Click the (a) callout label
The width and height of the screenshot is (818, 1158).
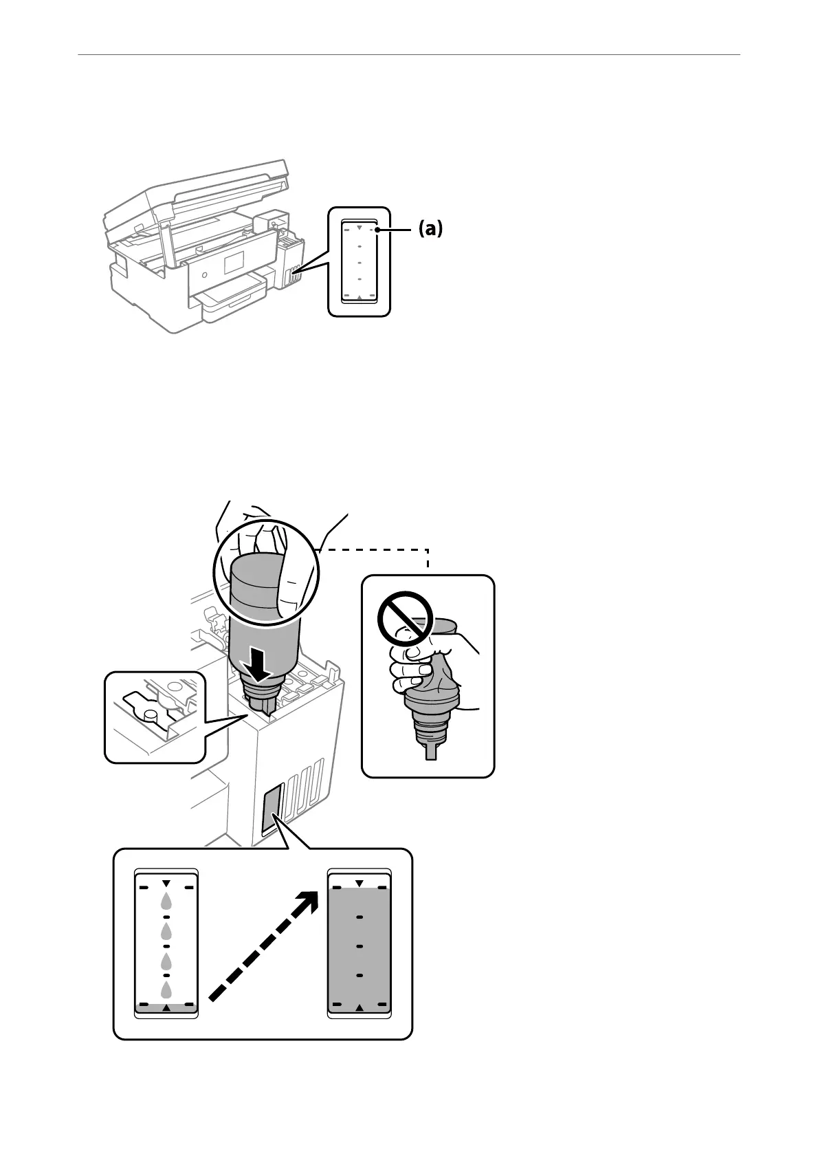click(430, 229)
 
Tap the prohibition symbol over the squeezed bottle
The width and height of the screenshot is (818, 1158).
click(405, 618)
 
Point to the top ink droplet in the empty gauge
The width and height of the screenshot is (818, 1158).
click(166, 902)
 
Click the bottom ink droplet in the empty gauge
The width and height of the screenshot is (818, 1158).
click(166, 990)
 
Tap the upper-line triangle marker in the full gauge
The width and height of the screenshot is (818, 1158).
click(360, 882)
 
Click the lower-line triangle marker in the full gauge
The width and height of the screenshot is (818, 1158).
click(360, 1007)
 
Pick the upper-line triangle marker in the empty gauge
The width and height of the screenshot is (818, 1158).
click(166, 882)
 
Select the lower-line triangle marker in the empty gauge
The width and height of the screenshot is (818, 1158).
click(166, 1008)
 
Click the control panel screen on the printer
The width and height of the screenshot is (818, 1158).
click(235, 261)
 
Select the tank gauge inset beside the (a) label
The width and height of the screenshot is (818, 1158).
click(359, 262)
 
